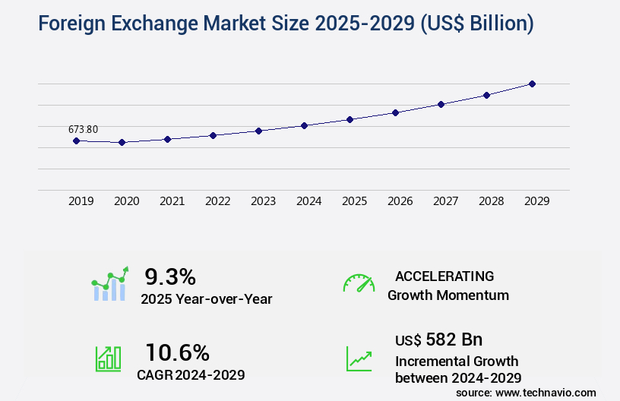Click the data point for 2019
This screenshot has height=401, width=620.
click(x=76, y=141)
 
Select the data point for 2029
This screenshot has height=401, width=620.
click(x=532, y=84)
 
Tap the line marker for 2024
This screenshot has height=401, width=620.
click(x=304, y=125)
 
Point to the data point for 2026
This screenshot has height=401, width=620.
click(x=395, y=112)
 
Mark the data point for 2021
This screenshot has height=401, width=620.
click(x=167, y=139)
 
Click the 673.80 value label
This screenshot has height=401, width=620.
click(x=83, y=129)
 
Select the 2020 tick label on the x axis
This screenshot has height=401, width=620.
click(x=126, y=201)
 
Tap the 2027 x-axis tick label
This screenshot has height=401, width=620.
click(x=445, y=201)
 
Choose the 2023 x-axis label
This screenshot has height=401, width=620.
click(x=263, y=201)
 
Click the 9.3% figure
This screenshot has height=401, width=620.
click(x=170, y=276)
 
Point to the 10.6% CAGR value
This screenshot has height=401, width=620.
click(x=177, y=352)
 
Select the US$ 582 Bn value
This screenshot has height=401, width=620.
click(x=438, y=339)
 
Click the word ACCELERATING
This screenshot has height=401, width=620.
click(x=444, y=276)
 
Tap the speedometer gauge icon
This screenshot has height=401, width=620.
click(x=359, y=283)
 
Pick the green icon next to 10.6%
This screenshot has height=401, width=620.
click(x=108, y=358)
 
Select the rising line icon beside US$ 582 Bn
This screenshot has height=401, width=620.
click(x=359, y=358)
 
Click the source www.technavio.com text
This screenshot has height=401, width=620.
click(x=526, y=393)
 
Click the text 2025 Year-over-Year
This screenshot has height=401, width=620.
click(x=206, y=299)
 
